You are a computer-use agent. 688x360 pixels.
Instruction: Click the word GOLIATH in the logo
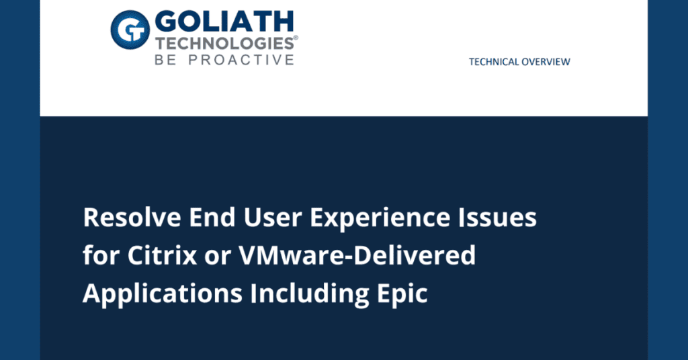(224, 23)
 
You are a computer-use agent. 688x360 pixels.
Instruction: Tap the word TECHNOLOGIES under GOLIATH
(224, 44)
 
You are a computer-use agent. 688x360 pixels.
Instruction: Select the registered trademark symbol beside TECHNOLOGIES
(296, 39)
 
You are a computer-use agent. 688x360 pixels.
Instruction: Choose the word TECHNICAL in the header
(494, 62)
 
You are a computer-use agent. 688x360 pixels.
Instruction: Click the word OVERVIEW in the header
(545, 62)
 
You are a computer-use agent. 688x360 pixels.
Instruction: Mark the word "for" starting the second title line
(95, 256)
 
